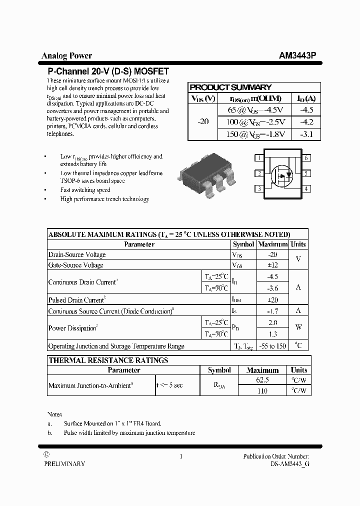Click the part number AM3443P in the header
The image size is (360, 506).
click(297, 56)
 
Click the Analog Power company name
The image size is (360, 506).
click(66, 56)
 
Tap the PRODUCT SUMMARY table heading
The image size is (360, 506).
click(230, 87)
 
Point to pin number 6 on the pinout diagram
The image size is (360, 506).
click(306, 158)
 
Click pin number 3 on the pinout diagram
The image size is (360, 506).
click(259, 189)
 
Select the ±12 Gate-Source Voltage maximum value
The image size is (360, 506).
click(272, 265)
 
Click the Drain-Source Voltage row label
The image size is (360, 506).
click(77, 254)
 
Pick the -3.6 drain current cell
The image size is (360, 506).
click(272, 288)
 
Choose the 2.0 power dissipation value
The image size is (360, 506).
click(272, 322)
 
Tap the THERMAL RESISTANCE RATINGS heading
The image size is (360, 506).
click(108, 360)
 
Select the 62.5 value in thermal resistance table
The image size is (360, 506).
click(262, 380)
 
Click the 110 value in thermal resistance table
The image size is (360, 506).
click(262, 390)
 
